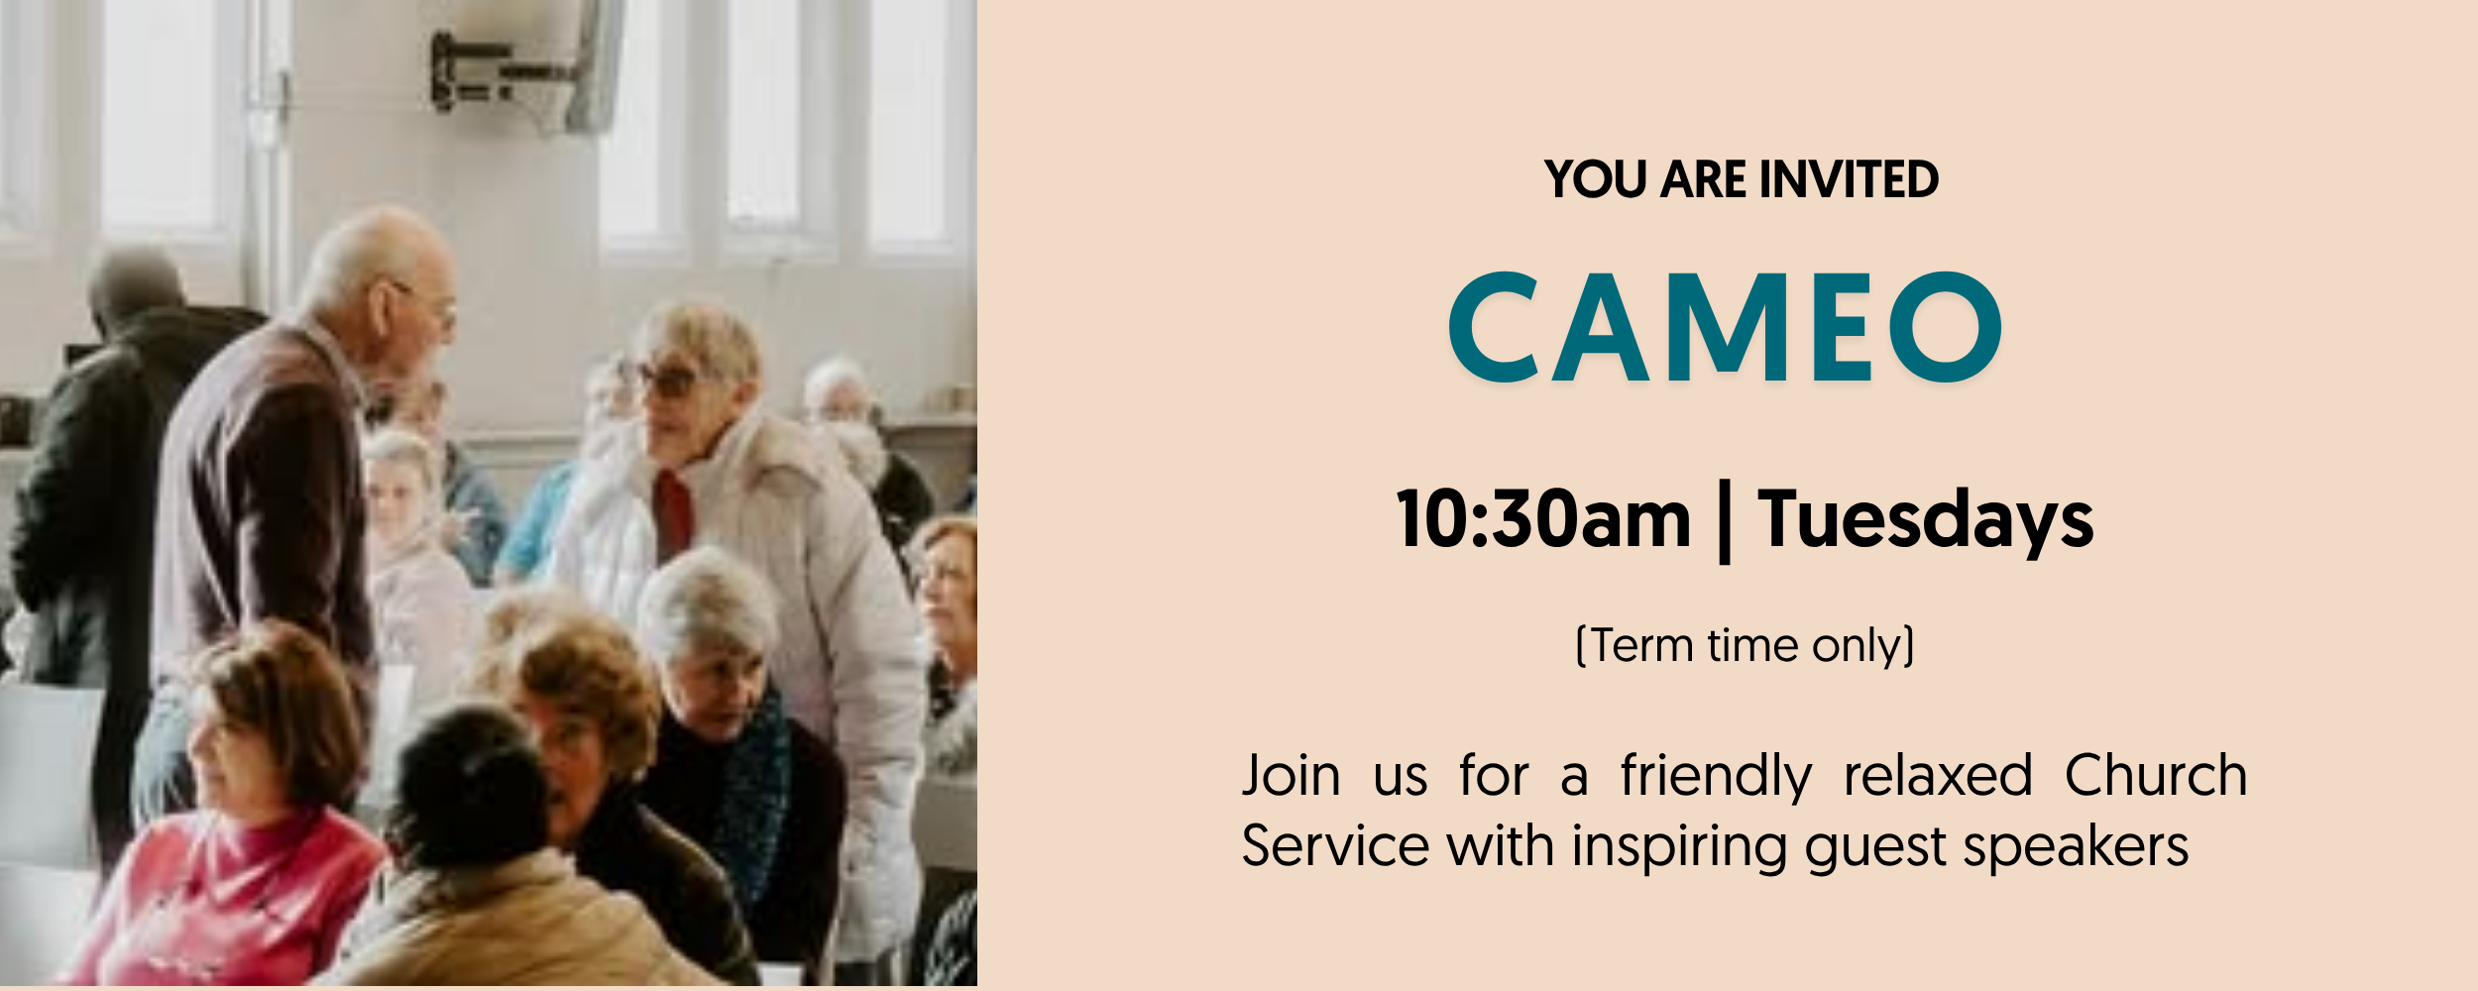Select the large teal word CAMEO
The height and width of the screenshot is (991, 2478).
(x=1725, y=327)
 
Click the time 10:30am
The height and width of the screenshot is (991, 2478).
(x=1543, y=518)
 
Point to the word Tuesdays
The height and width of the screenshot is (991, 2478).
(x=1926, y=521)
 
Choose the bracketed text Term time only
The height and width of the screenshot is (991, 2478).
(x=1745, y=646)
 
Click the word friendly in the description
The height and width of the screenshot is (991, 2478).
(x=1717, y=776)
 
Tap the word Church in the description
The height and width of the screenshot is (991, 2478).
(x=2156, y=774)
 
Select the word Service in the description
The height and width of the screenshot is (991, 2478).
(x=1335, y=846)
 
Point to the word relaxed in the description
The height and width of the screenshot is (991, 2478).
(x=1938, y=775)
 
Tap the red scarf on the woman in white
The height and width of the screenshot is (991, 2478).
(x=673, y=515)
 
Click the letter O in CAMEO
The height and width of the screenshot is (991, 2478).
(x=1946, y=327)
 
